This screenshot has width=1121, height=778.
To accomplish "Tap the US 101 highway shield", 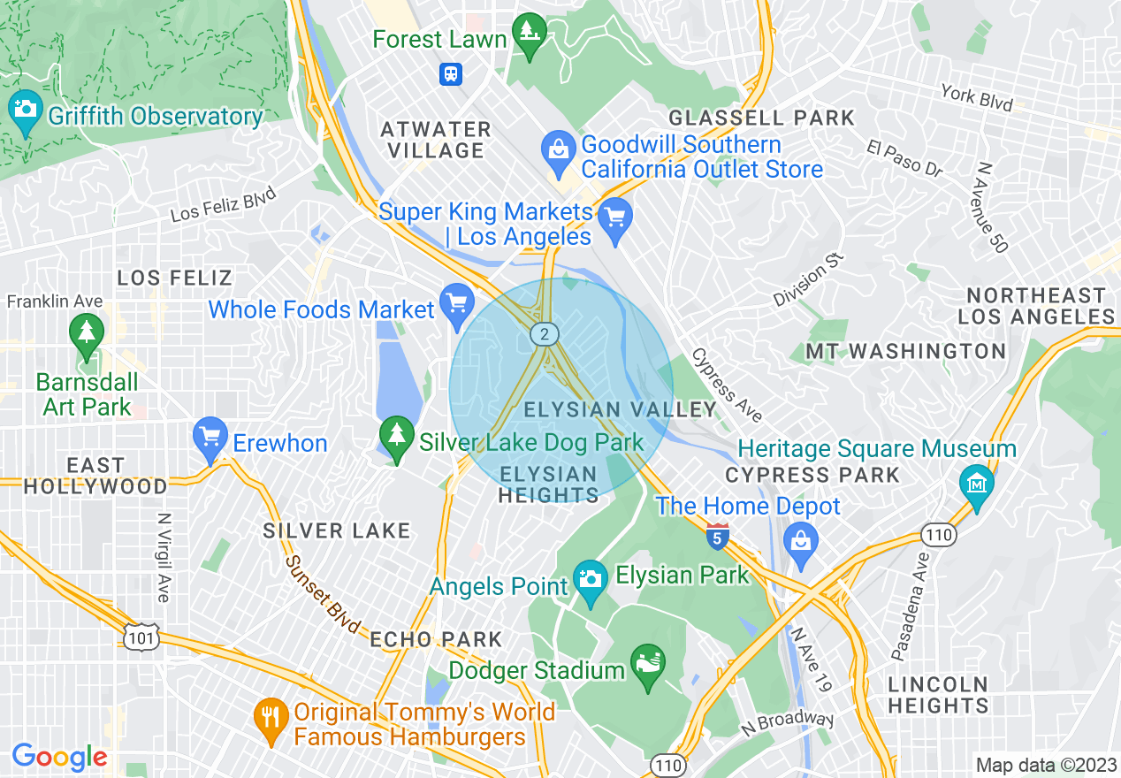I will pos(143,637).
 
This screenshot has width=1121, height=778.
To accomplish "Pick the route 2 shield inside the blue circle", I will pos(545,334).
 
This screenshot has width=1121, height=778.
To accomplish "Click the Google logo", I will pos(59,757).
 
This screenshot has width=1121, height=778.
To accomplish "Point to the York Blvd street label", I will pos(977,97).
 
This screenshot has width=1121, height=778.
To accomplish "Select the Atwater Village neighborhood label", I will pos(436,140).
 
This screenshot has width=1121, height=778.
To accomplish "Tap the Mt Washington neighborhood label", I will pos(905,352).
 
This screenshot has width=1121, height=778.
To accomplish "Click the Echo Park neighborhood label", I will pos(436,639).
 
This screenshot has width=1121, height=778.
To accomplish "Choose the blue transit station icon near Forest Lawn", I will pos(451,73).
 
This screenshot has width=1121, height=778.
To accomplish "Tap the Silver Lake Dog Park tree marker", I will pos(397,437).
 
